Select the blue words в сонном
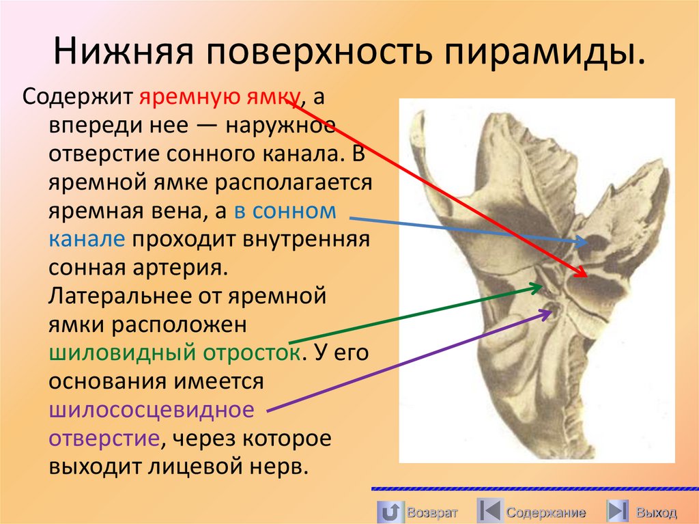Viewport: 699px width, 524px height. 285,210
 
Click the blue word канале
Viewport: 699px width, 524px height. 86,239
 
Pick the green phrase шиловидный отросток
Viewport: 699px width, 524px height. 174,353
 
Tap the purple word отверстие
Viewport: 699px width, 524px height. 104,438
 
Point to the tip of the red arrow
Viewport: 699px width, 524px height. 585,275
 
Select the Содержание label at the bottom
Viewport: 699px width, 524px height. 545,512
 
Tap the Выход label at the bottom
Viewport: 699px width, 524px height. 656,512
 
